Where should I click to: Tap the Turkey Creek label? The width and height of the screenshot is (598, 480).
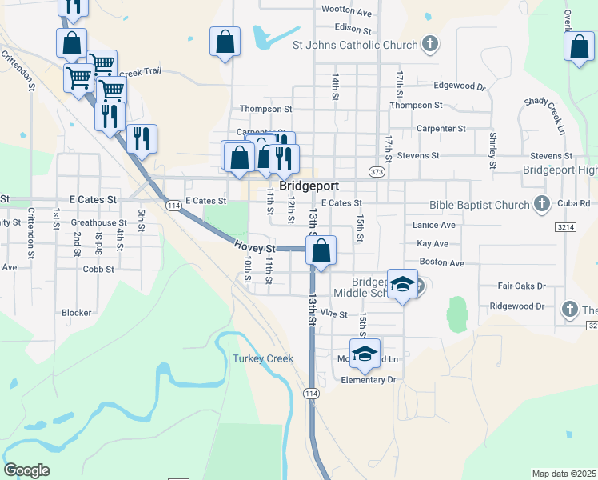pos(263,358)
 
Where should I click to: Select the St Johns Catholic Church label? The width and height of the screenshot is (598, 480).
pos(356,45)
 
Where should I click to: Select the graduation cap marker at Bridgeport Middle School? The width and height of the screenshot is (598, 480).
pos(403,284)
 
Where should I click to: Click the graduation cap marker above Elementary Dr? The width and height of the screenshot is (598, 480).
pos(365,354)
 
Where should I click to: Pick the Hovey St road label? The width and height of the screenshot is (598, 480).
pos(255,247)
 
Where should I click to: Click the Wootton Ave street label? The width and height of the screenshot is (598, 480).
pos(346,12)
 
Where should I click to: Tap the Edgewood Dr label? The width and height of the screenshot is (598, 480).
pos(460,86)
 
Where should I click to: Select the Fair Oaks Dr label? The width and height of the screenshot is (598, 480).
pos(521,286)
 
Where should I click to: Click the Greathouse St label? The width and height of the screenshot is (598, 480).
pos(99,222)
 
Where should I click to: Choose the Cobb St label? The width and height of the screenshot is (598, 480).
pos(99,270)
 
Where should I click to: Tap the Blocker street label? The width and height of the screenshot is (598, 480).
pos(77,313)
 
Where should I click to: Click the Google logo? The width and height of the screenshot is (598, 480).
pos(26,470)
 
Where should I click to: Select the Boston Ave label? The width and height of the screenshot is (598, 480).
pos(441,262)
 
